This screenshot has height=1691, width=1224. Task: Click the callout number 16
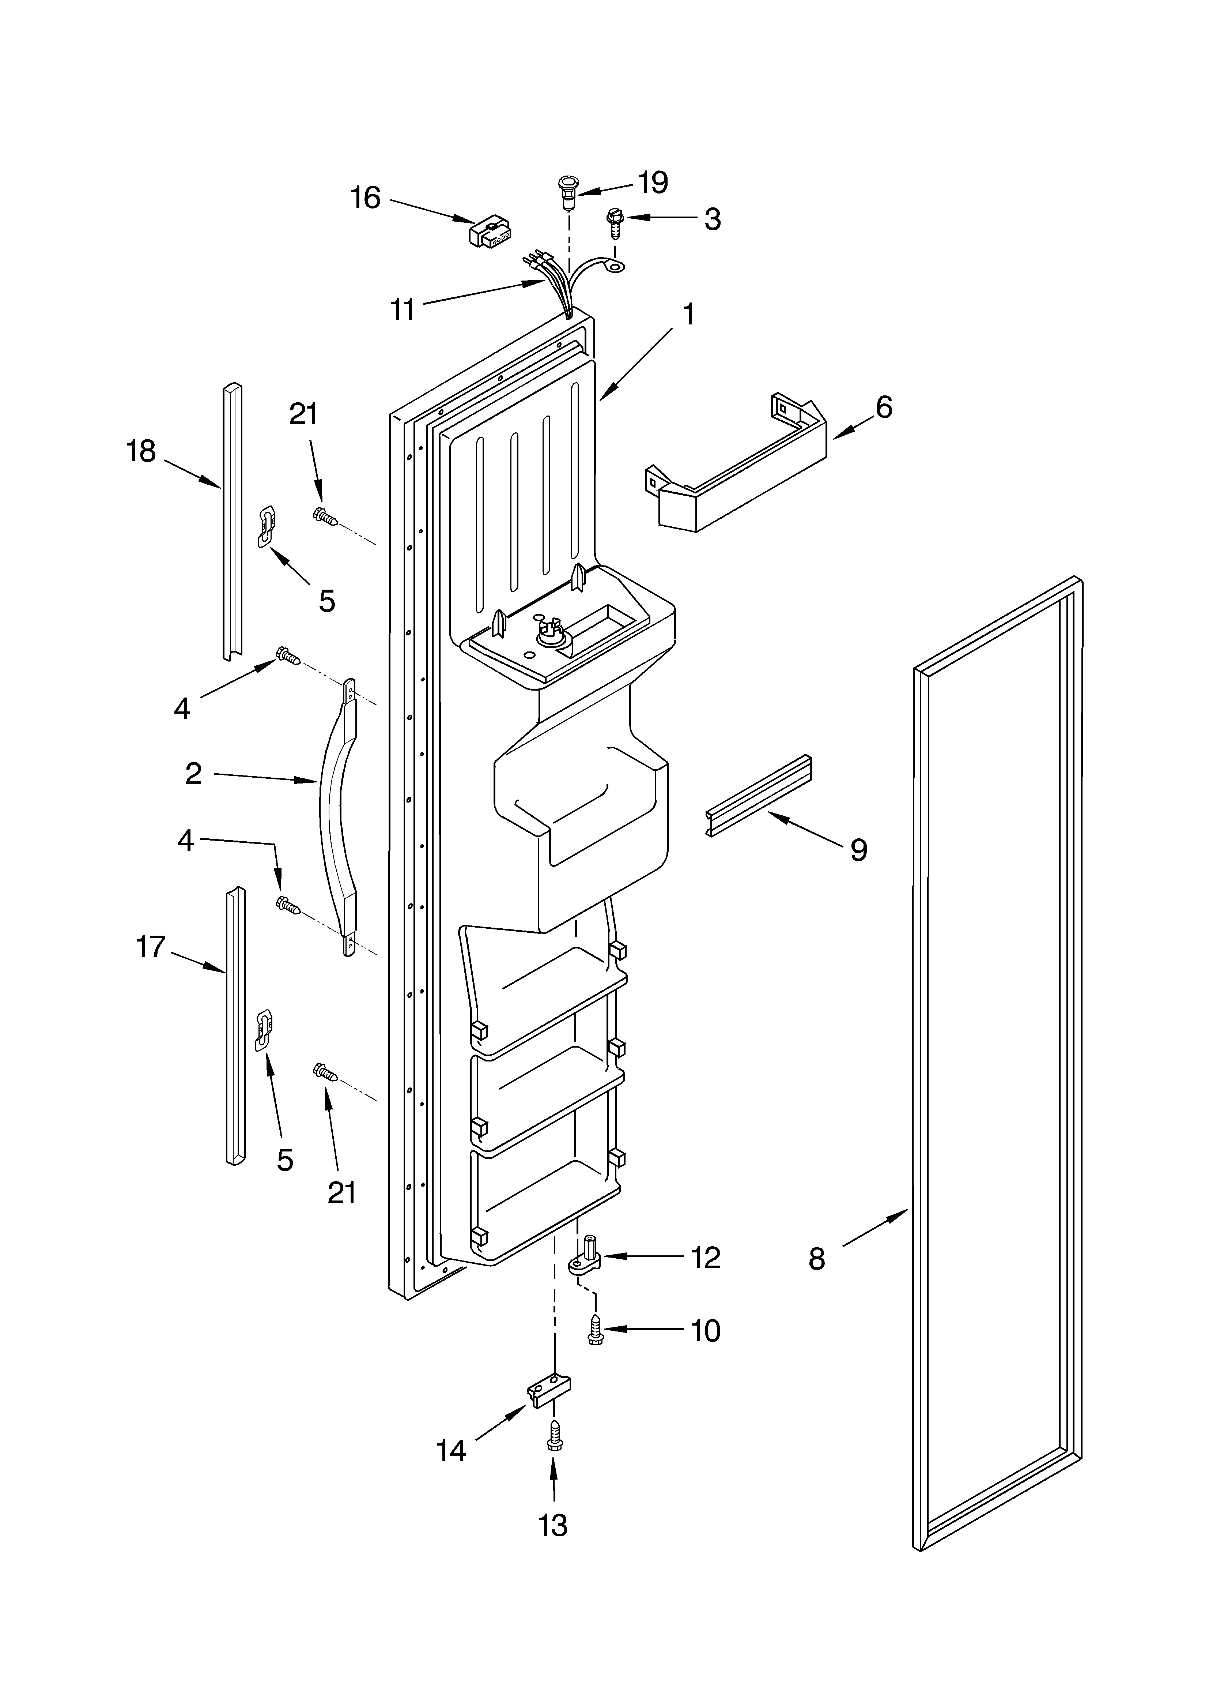[365, 198]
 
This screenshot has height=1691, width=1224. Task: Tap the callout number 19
[653, 183]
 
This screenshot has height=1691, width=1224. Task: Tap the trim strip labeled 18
[232, 522]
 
